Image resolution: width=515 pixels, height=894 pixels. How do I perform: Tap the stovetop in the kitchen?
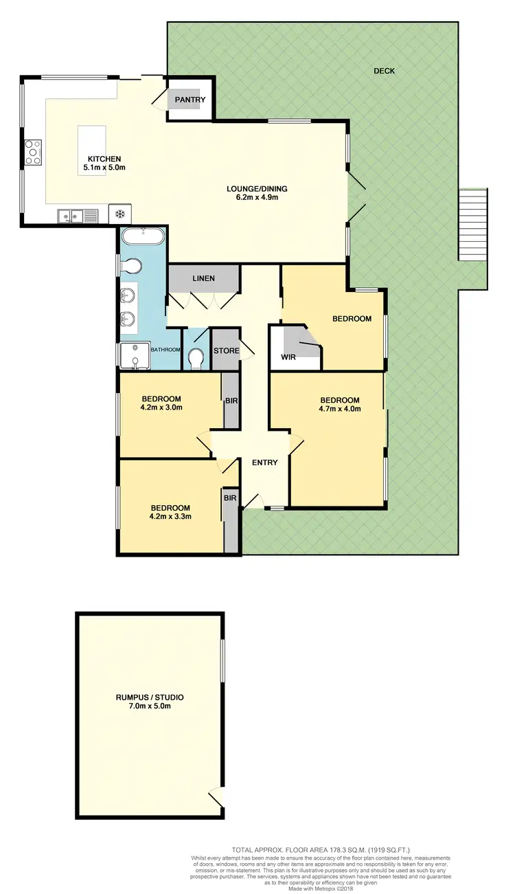tap(33, 152)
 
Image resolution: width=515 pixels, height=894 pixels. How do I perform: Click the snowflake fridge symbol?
tap(119, 214)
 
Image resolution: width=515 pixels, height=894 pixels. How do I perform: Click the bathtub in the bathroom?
tap(143, 237)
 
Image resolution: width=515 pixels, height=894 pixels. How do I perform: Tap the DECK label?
tap(384, 71)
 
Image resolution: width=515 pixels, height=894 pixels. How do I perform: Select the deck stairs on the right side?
tap(472, 225)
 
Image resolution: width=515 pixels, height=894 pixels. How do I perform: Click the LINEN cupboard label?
tap(203, 278)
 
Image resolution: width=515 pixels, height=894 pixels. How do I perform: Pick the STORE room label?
tap(225, 351)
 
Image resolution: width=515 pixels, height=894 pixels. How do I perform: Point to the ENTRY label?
tap(264, 462)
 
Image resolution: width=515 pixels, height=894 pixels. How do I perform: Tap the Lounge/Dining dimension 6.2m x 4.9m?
tap(257, 198)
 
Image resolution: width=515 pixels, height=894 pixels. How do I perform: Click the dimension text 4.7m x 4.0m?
tap(340, 409)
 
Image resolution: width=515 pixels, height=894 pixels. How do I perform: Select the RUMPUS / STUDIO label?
tap(149, 697)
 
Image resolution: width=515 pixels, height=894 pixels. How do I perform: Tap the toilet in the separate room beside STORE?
tap(196, 358)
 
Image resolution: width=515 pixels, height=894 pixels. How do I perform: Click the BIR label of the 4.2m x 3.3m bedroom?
tap(229, 496)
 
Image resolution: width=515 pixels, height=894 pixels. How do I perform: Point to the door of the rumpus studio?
tap(216, 797)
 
